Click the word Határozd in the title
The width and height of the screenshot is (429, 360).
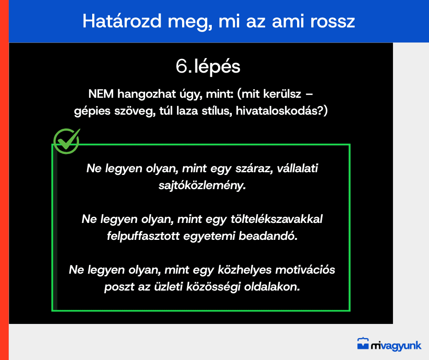(122, 21)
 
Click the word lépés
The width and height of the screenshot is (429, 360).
(217, 67)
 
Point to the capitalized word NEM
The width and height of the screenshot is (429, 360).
(101, 94)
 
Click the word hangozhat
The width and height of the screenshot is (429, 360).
(146, 94)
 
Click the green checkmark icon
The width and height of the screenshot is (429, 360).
(67, 141)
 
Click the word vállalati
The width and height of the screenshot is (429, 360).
(298, 168)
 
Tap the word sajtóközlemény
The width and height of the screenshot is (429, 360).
(202, 185)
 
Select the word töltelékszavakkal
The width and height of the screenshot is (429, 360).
(276, 219)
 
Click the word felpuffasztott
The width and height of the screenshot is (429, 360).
(143, 236)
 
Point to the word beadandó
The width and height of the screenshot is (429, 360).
(268, 236)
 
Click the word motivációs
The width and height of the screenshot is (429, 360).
(305, 270)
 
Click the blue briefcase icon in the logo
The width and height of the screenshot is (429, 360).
(363, 344)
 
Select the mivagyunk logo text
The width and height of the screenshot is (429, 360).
(396, 346)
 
